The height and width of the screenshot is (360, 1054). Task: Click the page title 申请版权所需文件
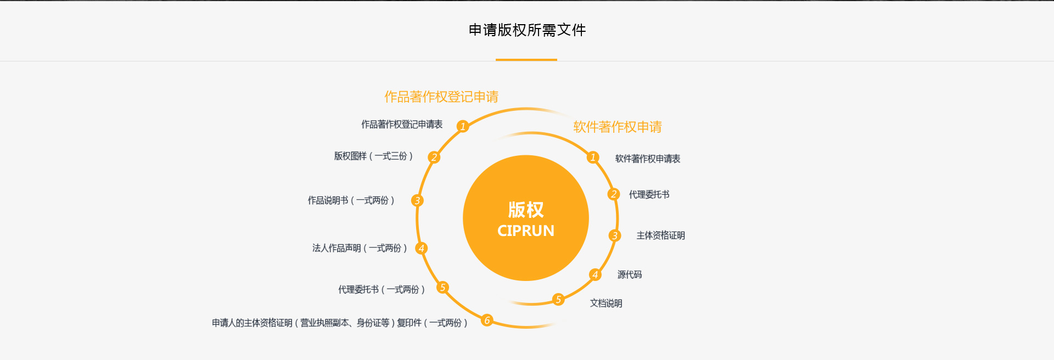527,30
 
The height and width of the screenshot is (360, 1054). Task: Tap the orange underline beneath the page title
526,60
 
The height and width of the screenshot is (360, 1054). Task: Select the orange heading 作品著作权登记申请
441,97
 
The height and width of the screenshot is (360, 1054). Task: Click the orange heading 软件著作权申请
618,127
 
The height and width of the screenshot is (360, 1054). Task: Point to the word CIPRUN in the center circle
526,231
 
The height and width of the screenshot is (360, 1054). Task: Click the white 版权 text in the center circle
526,210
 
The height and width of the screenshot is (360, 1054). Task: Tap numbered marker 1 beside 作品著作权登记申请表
463,126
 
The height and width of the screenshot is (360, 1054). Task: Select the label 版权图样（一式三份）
373,156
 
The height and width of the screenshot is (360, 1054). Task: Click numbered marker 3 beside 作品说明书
417,201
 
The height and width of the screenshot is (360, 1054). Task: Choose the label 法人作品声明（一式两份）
360,248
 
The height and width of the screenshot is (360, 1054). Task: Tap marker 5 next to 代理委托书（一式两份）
442,288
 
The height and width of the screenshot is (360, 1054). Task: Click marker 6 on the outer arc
487,320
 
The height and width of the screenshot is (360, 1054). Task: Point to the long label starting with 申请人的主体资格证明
340,323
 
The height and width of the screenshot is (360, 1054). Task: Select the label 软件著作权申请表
648,159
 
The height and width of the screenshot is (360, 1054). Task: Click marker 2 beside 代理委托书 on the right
614,194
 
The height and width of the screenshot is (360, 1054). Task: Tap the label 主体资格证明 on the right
660,236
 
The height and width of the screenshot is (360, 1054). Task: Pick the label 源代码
630,275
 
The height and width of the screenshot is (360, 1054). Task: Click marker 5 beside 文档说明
558,299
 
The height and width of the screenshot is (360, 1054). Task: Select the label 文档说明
606,303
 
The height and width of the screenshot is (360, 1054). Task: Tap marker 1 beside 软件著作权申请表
593,157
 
